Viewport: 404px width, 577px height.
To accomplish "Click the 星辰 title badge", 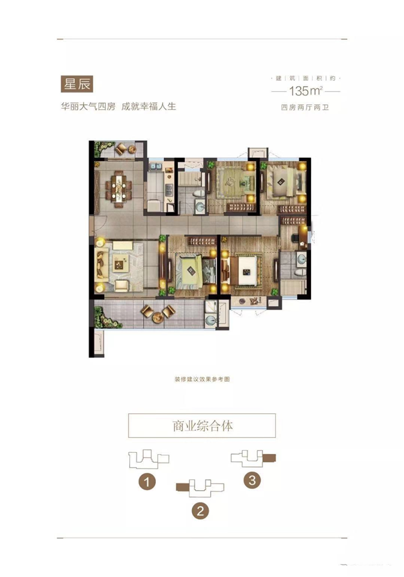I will [x=76, y=84].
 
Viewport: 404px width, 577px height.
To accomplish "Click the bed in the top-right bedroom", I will [x=282, y=182].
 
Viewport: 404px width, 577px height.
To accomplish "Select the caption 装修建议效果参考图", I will [x=202, y=380].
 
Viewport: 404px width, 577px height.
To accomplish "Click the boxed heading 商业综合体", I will [x=202, y=426].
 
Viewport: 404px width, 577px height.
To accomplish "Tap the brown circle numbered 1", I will [x=147, y=482].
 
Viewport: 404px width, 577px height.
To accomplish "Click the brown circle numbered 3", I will [x=252, y=480].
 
